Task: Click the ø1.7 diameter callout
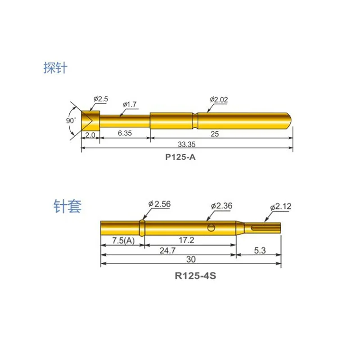click(x=129, y=104)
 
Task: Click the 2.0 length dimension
click(x=89, y=135)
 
